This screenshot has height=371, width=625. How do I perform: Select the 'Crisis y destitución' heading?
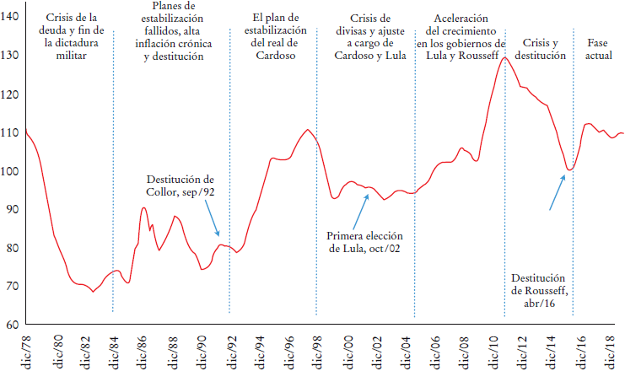coord(540,50)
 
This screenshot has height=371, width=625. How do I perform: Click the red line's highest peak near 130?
coord(504,57)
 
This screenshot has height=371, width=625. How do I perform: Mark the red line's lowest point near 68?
coord(93,292)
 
